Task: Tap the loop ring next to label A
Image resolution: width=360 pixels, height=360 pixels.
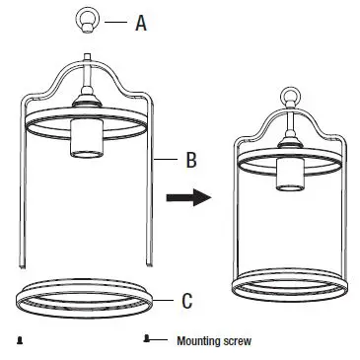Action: pyautogui.click(x=85, y=19)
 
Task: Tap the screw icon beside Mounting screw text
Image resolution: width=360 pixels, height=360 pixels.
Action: pyautogui.click(x=148, y=339)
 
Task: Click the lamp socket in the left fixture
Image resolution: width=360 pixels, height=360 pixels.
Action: pyautogui.click(x=86, y=139)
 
